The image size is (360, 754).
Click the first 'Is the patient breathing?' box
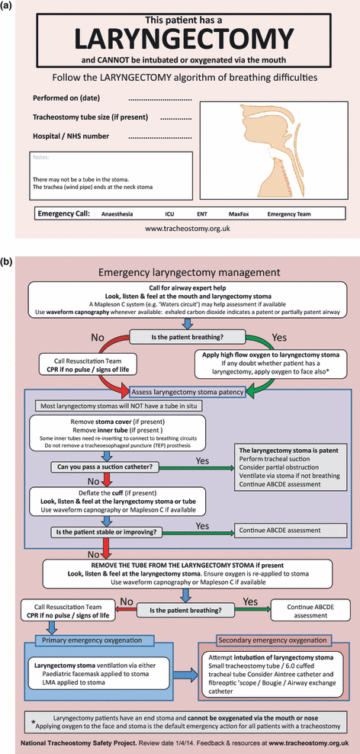coord(181,335)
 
